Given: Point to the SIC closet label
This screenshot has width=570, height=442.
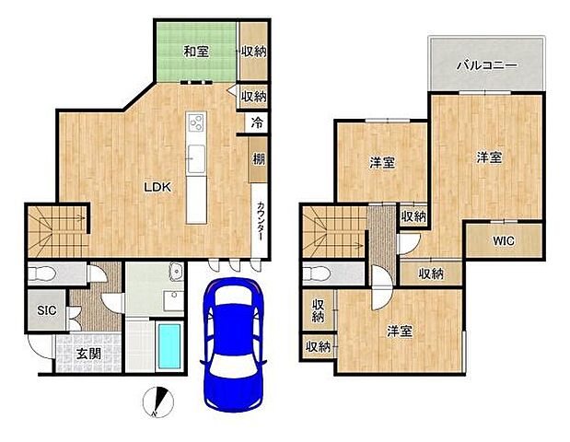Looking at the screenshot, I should point(47,310).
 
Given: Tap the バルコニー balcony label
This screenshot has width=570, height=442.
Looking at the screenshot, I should point(487,65).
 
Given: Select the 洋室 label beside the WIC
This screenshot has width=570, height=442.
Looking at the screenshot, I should point(488,157).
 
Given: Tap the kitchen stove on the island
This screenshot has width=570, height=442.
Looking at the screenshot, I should point(197,122).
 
